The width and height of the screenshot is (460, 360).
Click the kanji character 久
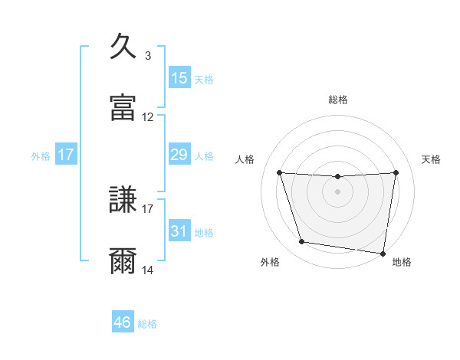[x=123, y=47]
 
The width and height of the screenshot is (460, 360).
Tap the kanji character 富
[x=123, y=108]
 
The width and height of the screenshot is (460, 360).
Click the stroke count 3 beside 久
[x=148, y=55]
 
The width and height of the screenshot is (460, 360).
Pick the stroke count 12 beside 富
[x=148, y=117]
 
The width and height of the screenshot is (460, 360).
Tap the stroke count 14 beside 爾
[x=148, y=270]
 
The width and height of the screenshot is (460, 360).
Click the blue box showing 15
[x=179, y=78]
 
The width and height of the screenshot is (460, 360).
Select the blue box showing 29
[x=179, y=155]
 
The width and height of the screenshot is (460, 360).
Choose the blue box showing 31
[x=179, y=231]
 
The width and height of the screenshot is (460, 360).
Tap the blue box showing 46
[x=123, y=322]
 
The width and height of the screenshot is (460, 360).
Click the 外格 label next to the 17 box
[x=41, y=155]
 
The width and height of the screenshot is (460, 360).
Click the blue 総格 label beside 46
[x=147, y=324]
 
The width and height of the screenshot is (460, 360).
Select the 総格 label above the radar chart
[x=338, y=100]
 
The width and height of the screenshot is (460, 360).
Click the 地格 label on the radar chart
[x=402, y=262]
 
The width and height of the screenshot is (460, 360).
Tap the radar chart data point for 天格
[x=396, y=172]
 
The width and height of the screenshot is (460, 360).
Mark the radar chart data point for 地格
[x=383, y=253]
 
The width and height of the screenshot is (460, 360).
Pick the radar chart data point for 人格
[x=280, y=172]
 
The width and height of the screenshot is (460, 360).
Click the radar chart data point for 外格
[x=302, y=242]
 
